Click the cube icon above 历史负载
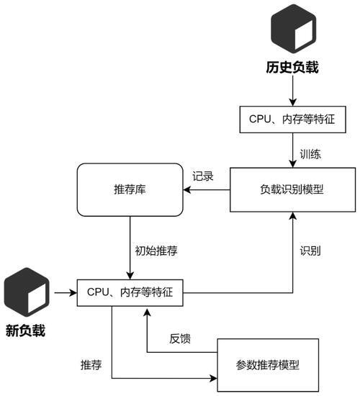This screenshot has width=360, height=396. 293,29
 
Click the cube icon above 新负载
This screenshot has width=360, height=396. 27,292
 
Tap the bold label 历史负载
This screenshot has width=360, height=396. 292,67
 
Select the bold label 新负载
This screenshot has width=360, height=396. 25,330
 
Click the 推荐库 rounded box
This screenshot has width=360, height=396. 130,189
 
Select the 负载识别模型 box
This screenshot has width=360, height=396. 292,189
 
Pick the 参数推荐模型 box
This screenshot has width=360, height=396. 268,365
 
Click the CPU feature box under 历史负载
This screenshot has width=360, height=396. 292,120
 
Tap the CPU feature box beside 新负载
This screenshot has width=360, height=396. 130,293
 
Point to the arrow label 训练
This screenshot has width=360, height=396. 310,154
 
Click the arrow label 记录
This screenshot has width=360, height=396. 203,176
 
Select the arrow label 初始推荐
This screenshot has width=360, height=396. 156,251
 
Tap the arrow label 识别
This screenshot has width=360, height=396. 310,251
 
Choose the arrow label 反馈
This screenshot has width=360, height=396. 180,338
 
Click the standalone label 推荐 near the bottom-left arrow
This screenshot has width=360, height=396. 91,365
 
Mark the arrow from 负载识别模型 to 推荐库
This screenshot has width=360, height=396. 207,189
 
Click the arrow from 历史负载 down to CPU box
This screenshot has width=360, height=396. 293,91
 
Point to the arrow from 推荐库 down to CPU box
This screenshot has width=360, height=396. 130,248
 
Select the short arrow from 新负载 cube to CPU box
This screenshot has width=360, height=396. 66,293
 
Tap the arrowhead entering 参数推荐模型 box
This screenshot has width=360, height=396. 214,378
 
